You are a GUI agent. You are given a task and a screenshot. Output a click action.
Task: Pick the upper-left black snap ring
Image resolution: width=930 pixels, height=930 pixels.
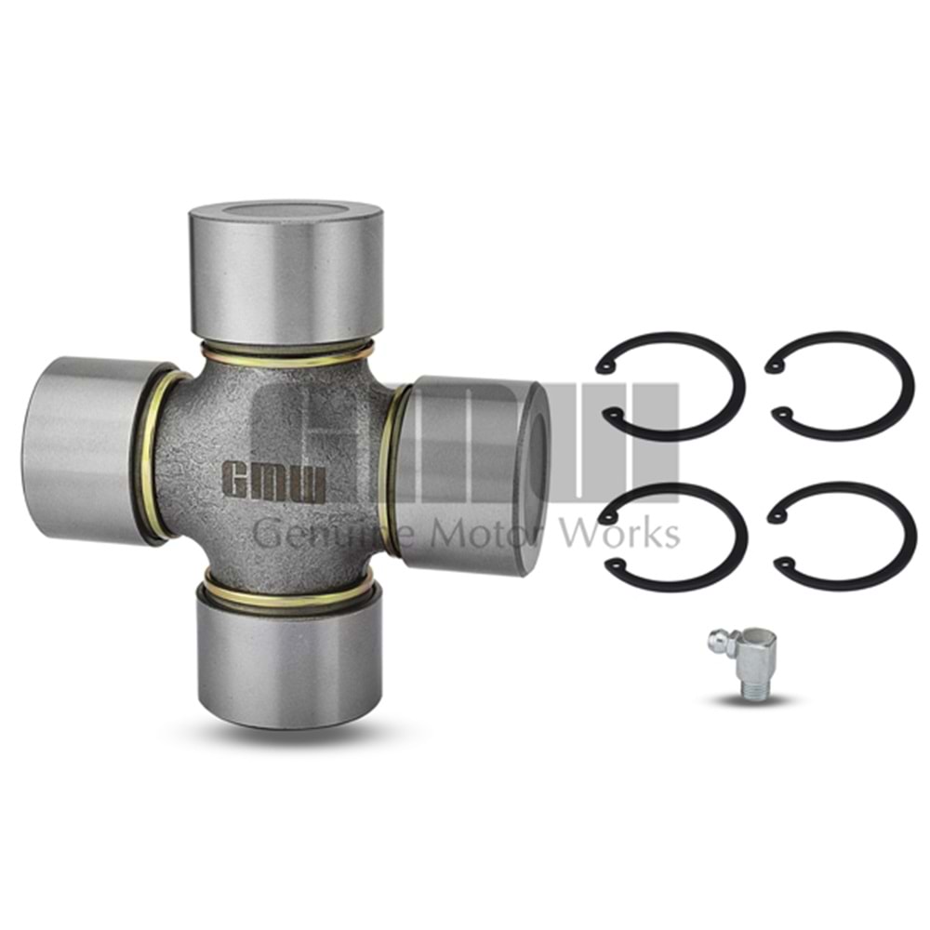671,387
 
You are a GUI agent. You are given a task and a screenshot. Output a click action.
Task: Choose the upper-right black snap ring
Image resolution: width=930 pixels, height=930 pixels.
839,386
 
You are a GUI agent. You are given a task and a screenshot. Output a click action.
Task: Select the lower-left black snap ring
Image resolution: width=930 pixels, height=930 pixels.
673,538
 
